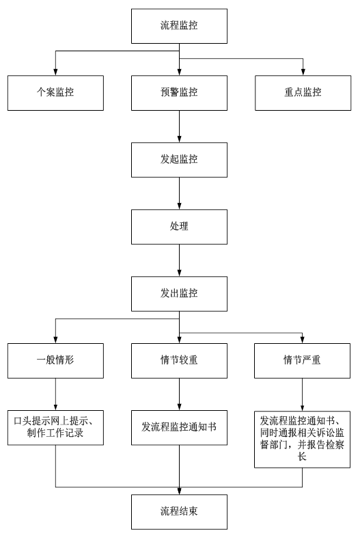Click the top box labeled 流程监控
point(179,26)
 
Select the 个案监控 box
point(55,93)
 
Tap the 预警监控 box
point(179,93)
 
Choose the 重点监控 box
point(303,93)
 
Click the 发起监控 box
point(179,160)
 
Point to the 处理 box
point(179,227)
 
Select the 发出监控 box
point(179,294)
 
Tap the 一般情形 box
point(55,361)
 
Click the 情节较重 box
point(179,361)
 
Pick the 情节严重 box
point(302,361)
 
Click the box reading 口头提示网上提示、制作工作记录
point(55,428)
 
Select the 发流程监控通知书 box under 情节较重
point(179,428)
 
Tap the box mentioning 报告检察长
point(302,440)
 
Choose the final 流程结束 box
point(179,512)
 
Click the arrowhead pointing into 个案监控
point(55,72)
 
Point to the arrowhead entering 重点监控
point(303,72)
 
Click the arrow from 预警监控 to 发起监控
point(179,126)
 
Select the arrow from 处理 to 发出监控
point(179,260)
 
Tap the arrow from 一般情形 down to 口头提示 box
point(55,394)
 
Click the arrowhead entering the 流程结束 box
point(179,491)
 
